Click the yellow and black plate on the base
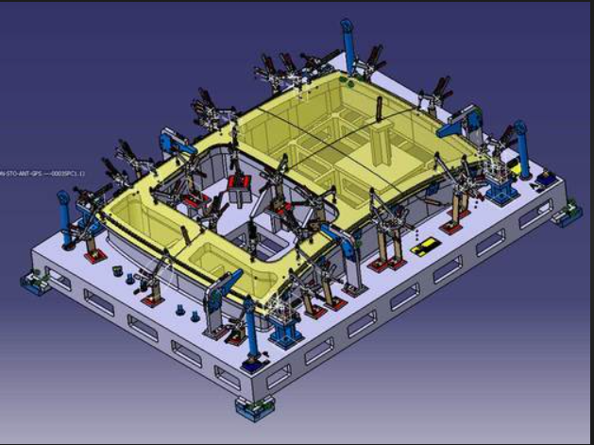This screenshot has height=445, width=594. (x=427, y=247)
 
